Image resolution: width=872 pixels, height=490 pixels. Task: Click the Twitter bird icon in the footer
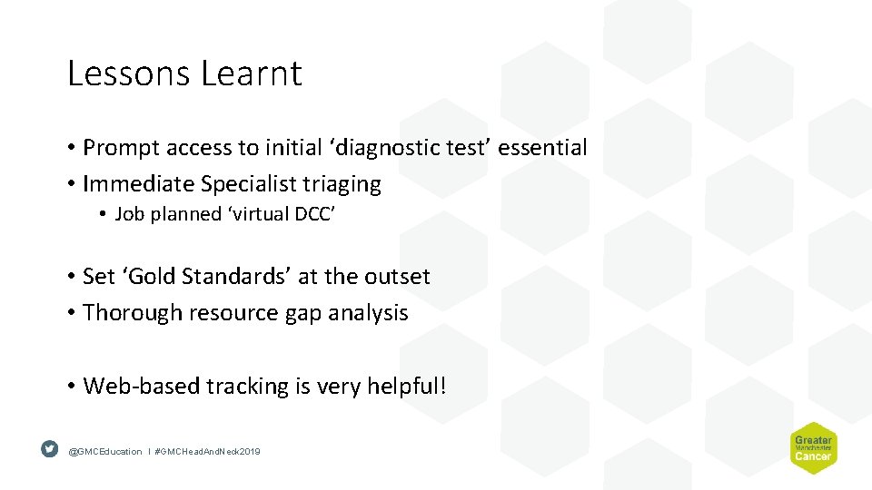[x=50, y=449]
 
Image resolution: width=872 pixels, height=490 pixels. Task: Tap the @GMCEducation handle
[x=105, y=451]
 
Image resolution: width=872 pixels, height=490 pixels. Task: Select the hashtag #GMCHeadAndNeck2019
[x=207, y=451]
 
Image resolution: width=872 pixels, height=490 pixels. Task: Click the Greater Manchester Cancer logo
[x=812, y=447]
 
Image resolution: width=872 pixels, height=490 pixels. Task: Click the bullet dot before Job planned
[x=104, y=215]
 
